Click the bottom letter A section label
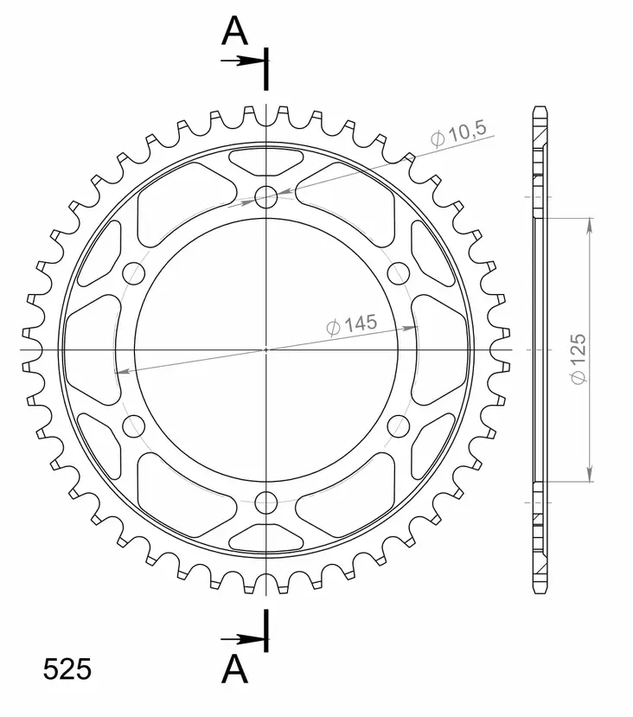(234, 668)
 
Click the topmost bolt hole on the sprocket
(266, 197)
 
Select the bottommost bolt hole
(266, 502)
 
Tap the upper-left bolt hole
(134, 274)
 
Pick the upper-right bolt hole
(399, 274)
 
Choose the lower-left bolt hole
(134, 425)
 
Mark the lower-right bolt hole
(399, 425)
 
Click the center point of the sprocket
(266, 349)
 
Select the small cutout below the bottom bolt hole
(266, 539)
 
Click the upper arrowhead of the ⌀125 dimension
(591, 224)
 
